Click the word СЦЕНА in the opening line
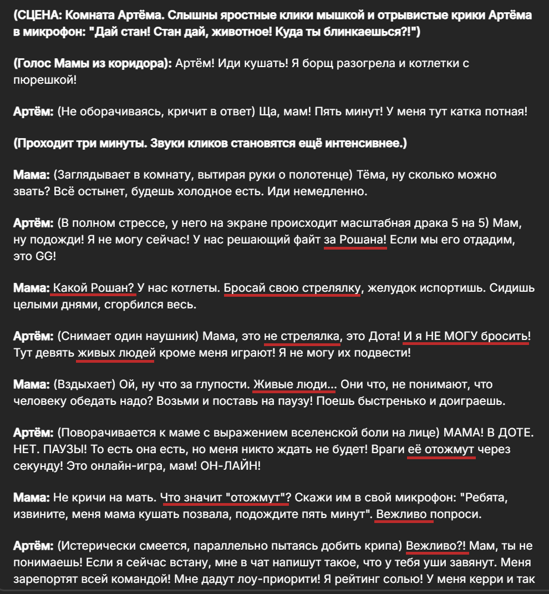coord(38,16)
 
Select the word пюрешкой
coord(44,79)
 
